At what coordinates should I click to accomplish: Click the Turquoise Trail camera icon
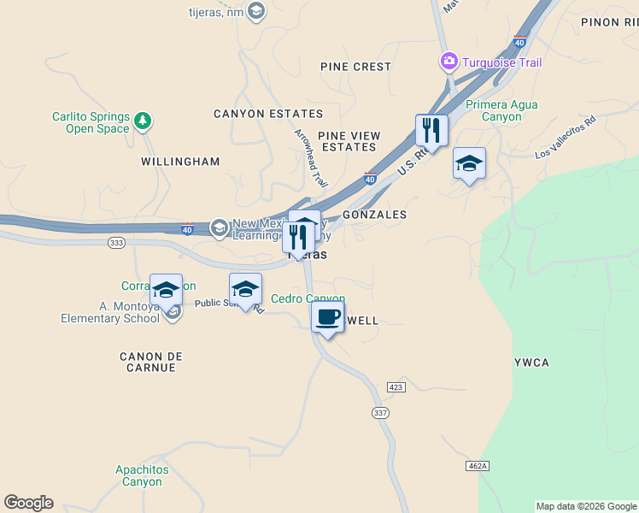click(x=448, y=61)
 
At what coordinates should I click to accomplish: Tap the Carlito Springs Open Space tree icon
click(x=144, y=121)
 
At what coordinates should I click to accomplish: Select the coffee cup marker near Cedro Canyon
click(x=328, y=318)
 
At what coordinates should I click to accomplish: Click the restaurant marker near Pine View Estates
click(x=431, y=131)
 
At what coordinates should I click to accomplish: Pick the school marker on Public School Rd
click(x=245, y=290)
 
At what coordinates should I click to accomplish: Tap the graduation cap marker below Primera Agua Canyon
click(x=469, y=164)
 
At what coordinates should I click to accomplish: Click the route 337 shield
click(x=380, y=412)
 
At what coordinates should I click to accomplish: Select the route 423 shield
click(x=395, y=386)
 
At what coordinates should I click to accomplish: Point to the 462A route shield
click(x=478, y=465)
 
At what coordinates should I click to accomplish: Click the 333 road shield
click(x=117, y=243)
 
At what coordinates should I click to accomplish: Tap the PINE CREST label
click(x=355, y=67)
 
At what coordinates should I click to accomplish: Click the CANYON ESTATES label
click(x=268, y=114)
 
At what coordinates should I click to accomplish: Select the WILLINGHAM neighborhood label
click(x=180, y=162)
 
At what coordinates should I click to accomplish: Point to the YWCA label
click(x=531, y=363)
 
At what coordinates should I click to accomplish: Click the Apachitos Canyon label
click(x=142, y=475)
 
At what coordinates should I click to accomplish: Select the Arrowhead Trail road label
click(x=311, y=158)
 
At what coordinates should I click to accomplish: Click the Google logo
click(x=28, y=503)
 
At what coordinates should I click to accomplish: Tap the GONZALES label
click(x=374, y=215)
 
